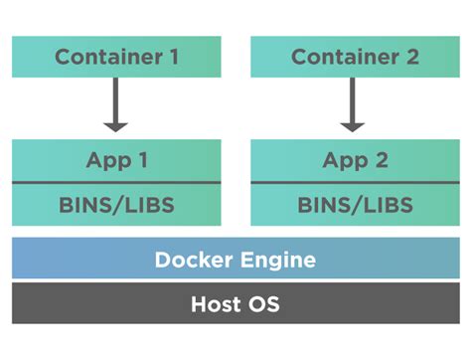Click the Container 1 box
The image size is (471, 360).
coord(116,57)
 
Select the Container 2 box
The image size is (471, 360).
coord(354,57)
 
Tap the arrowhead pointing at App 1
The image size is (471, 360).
coord(116,124)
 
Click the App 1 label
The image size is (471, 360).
coord(116,160)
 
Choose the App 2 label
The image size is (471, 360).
coord(354,160)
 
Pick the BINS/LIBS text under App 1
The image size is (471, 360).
coord(116,205)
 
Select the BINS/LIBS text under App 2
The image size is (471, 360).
coord(354,205)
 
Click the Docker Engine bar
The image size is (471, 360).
coord(235,260)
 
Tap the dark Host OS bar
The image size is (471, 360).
coord(235,303)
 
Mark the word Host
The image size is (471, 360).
coord(214,304)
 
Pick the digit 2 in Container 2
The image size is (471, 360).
coord(410,57)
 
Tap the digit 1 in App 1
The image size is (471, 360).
coord(145,160)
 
